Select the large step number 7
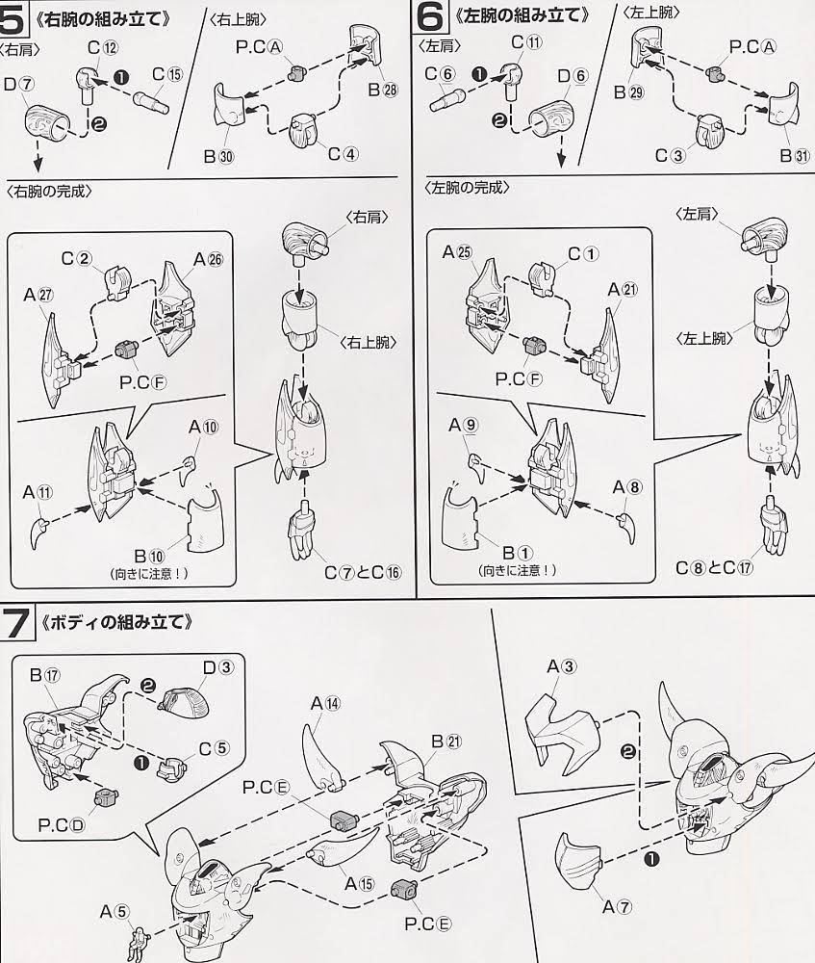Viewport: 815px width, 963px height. pyautogui.click(x=16, y=623)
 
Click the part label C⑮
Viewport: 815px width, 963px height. pyautogui.click(x=166, y=74)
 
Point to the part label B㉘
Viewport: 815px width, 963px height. pyautogui.click(x=382, y=90)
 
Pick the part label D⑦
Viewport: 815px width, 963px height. pyautogui.click(x=19, y=84)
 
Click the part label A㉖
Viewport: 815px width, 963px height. pyautogui.click(x=208, y=259)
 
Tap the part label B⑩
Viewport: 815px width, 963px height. pyautogui.click(x=149, y=557)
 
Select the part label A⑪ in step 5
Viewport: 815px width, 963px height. pyautogui.click(x=38, y=492)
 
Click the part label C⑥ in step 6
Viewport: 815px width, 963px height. pyautogui.click(x=440, y=74)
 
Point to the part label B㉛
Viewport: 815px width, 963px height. pyautogui.click(x=795, y=155)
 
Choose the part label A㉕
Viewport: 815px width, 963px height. pyautogui.click(x=458, y=251)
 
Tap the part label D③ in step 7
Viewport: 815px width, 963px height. pyautogui.click(x=218, y=666)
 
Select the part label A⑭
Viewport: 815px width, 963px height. pyautogui.click(x=325, y=703)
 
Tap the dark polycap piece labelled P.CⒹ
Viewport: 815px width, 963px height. pyautogui.click(x=106, y=799)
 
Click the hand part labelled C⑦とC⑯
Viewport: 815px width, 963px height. pyautogui.click(x=306, y=527)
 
